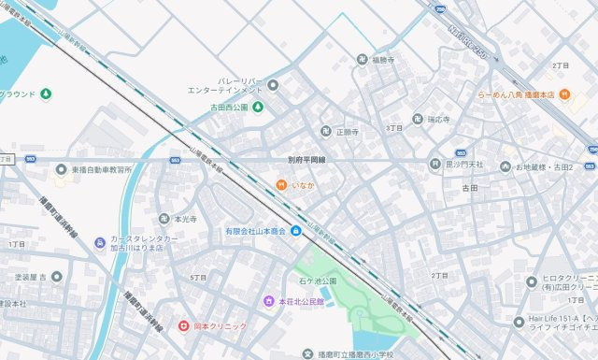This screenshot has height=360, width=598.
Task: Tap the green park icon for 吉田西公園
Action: point(259,108)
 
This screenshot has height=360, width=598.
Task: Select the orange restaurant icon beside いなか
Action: point(280,185)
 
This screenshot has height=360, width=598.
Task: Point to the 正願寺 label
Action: point(348,133)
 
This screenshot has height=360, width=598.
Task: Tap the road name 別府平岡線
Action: point(306,161)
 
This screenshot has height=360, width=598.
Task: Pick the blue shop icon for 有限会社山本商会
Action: point(295,231)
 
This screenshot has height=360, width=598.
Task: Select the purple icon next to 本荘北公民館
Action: point(269,301)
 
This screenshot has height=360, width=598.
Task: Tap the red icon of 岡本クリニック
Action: point(184,326)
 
